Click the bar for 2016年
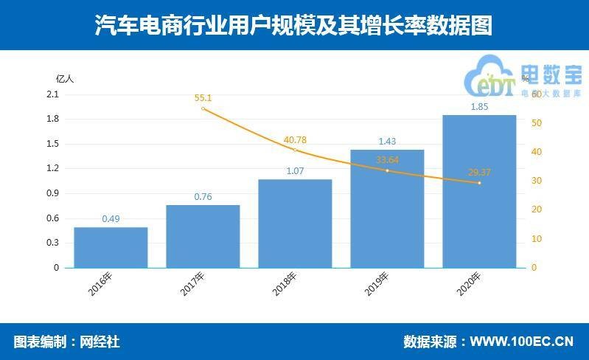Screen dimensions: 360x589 [111, 247]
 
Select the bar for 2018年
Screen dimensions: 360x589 [295, 224]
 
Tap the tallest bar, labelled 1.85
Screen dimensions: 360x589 [479, 191]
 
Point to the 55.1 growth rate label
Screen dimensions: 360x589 [203, 97]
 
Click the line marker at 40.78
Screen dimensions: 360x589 [295, 150]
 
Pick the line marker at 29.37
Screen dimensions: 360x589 [479, 183]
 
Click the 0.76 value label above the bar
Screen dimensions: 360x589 [203, 196]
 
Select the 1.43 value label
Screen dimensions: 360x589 [387, 141]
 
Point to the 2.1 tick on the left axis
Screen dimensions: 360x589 [52, 94]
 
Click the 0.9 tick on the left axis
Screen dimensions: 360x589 [52, 193]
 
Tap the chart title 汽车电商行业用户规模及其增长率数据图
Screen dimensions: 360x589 [293, 26]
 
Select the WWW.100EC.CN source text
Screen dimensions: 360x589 [521, 342]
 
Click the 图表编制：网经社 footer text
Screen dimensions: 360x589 [66, 342]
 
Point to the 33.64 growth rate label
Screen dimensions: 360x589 [387, 159]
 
